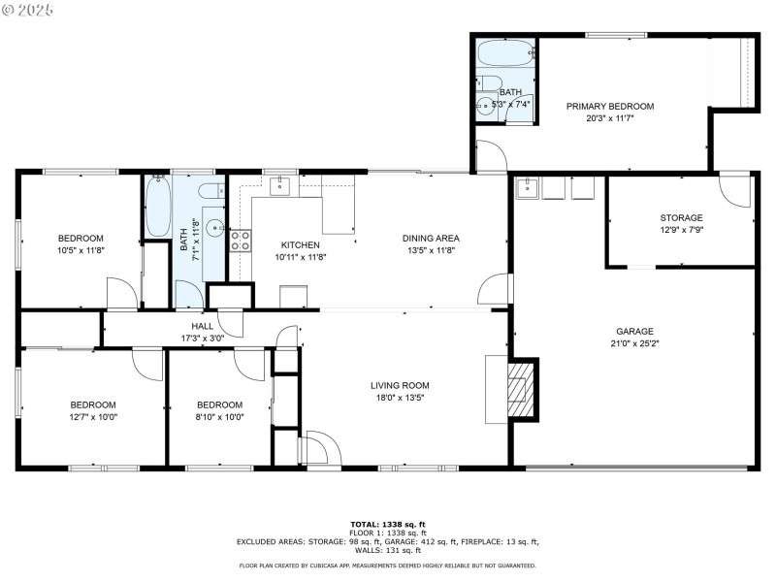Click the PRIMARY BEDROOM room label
(x=610, y=107)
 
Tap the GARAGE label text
(x=635, y=331)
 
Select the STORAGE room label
(x=681, y=218)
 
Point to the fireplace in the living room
(x=522, y=389)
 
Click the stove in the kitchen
(x=240, y=241)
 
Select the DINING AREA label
(x=431, y=238)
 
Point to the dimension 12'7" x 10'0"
(x=92, y=417)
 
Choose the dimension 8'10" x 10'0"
(x=220, y=417)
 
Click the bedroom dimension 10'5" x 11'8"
(x=80, y=250)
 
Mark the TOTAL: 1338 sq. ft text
(x=387, y=524)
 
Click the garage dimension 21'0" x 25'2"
(x=635, y=343)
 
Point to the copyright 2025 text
(x=28, y=9)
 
